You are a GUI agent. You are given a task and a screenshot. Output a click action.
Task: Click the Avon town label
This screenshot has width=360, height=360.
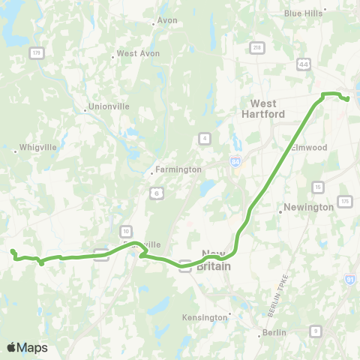166,20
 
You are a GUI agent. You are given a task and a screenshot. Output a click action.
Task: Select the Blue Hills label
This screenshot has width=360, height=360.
302,13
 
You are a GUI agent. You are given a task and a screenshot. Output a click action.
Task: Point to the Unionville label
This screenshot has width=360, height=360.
109,106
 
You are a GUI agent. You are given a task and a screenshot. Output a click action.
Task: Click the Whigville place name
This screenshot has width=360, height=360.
38,147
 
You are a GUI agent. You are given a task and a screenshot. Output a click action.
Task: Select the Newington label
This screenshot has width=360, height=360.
308,207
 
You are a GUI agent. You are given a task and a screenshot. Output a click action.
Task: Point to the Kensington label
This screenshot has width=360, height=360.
205,317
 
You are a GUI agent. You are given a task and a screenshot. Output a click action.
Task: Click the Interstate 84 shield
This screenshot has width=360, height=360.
236,160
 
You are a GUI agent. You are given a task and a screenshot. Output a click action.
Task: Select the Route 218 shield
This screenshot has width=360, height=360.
257,47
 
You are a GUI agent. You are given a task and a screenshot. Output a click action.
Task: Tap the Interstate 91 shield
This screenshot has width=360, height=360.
349,279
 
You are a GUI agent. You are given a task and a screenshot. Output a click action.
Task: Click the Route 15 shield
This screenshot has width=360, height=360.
319,187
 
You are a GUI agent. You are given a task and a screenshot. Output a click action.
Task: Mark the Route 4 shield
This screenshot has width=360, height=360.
204,137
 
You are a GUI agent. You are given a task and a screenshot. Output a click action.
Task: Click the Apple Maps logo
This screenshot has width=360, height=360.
27,347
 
